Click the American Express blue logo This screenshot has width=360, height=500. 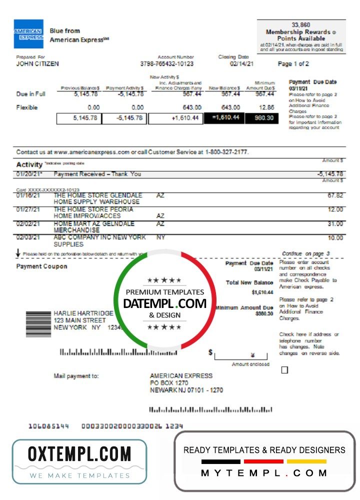coord(28,34)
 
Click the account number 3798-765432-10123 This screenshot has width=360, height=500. coord(167,64)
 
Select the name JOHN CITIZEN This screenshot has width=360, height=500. coord(37,64)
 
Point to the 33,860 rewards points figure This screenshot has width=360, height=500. coord(301,25)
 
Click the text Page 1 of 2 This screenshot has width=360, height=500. coord(293,64)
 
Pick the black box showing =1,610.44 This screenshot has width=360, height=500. coord(225,118)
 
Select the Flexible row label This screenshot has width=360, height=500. coord(27,107)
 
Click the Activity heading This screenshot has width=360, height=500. coord(29,164)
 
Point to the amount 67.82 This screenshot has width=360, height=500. coord(335,195)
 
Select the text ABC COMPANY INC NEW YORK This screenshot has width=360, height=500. coord(99,237)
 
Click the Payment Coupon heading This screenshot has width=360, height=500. coord(42,266)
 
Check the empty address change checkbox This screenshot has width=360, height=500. coord(284,370)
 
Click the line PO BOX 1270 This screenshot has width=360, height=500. coord(169,383)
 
